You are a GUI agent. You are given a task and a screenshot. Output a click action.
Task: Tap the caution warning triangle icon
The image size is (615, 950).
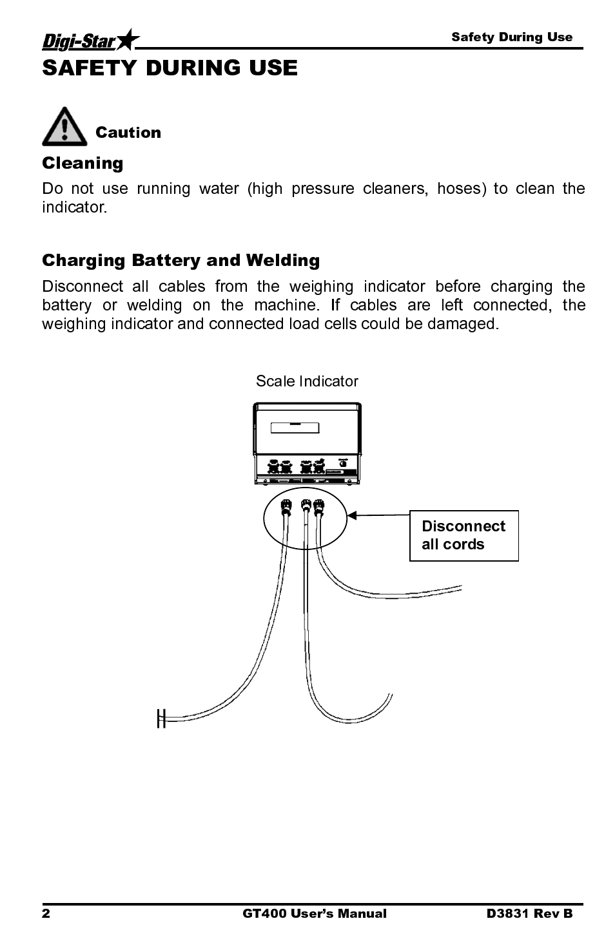coord(64,127)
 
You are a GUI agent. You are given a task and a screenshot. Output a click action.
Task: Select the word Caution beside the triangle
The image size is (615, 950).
coord(128,133)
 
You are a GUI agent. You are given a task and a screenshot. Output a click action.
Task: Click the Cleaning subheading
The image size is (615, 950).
coord(83,163)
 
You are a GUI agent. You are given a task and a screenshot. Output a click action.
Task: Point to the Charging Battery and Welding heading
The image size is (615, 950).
coord(181,260)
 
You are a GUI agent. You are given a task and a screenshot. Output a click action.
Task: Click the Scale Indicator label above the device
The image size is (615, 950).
coord(307,381)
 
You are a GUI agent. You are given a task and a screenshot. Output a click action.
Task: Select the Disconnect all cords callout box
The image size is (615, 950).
coord(464,535)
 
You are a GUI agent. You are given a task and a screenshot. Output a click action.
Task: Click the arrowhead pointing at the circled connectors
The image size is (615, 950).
coord(352,515)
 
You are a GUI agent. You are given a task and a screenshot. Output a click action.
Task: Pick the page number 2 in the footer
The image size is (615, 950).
coord(46,913)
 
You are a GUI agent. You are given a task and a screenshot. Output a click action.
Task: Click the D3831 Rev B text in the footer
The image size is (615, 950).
coord(529,913)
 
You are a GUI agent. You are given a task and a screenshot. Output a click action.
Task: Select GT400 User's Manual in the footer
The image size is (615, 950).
coord(314,913)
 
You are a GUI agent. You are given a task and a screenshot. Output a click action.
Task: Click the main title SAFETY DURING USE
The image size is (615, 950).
coord(170,68)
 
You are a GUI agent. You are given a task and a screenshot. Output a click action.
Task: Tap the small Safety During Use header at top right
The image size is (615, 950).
coord(511,37)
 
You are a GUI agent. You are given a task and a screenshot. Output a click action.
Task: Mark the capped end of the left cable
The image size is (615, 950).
coord(161,717)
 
